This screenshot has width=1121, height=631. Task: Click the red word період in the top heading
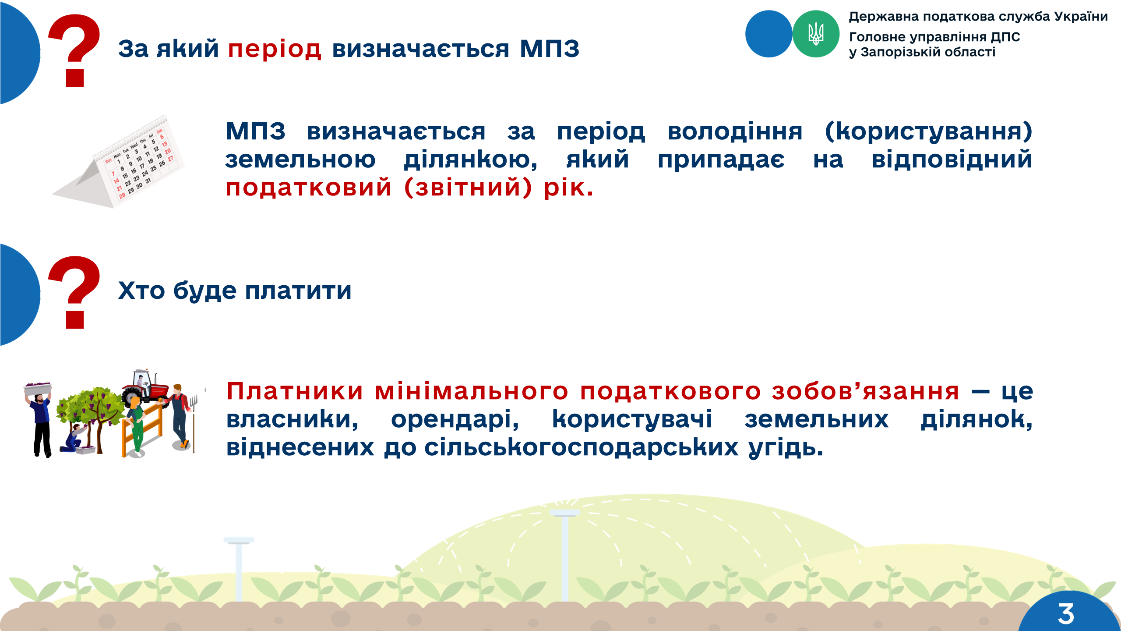click(x=275, y=49)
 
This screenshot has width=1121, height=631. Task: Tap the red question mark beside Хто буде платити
click(x=74, y=292)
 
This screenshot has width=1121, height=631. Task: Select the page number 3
click(x=1066, y=613)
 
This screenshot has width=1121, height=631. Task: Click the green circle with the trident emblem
click(x=816, y=34)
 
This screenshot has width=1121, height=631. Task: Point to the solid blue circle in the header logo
click(x=768, y=34)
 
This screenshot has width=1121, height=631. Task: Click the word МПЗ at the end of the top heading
click(x=550, y=49)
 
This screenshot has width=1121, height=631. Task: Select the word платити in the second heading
click(x=298, y=291)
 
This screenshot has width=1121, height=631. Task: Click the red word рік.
click(x=568, y=188)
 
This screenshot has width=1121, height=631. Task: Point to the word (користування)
click(x=928, y=131)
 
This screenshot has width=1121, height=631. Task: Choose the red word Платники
click(x=295, y=391)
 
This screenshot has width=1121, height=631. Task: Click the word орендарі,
click(x=455, y=419)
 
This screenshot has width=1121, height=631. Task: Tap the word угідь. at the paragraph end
click(x=786, y=448)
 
